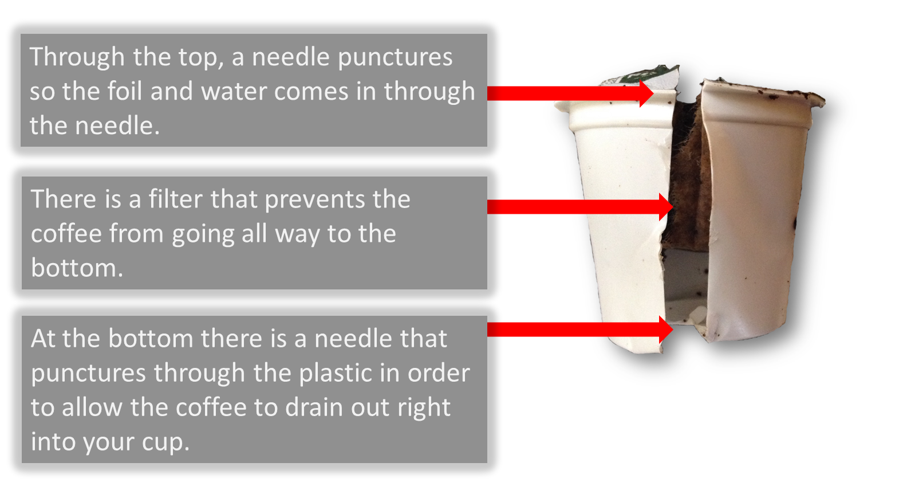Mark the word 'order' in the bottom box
point(439,373)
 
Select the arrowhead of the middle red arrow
point(673,207)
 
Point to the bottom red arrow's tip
point(673,330)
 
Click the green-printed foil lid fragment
point(642,76)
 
